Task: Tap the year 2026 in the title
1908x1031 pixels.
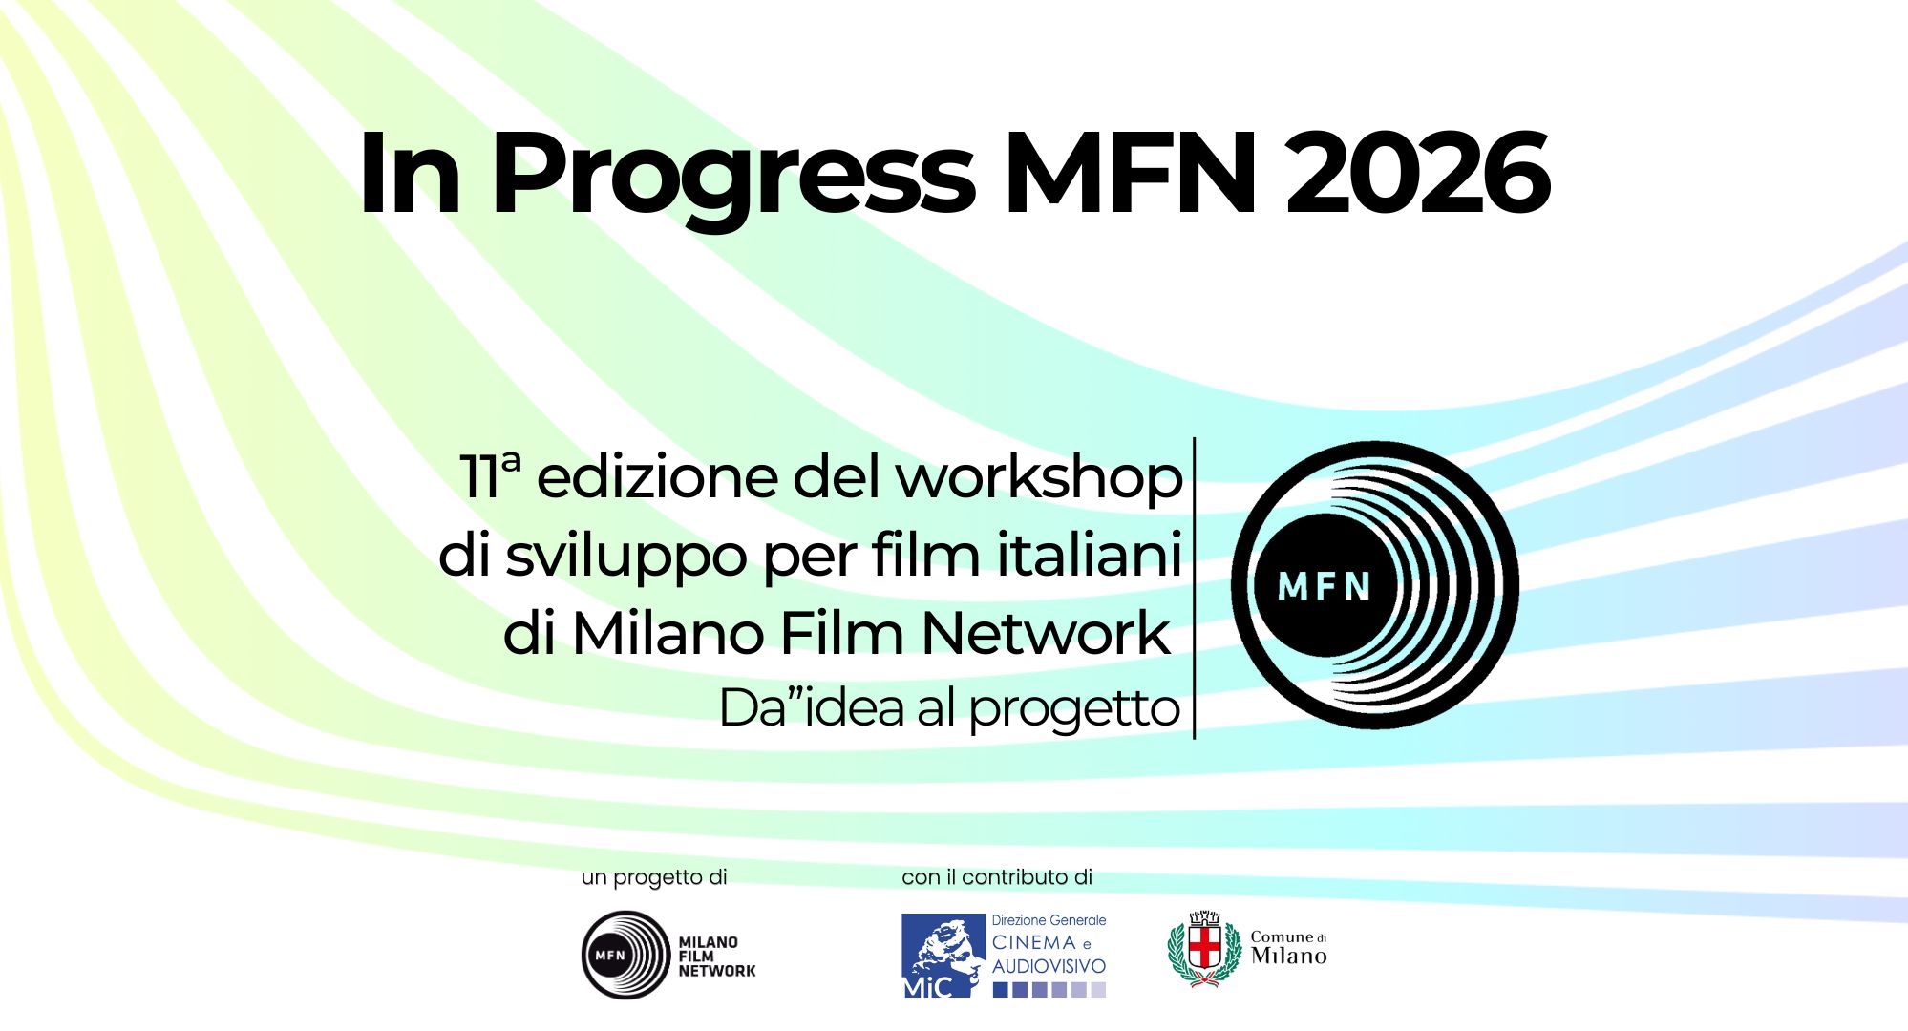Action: [1417, 173]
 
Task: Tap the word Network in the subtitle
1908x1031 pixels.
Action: [1046, 632]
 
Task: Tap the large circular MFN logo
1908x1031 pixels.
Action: [1374, 585]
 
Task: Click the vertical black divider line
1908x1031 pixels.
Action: [1195, 588]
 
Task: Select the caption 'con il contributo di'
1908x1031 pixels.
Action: [997, 877]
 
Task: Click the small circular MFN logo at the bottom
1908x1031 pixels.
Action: [625, 955]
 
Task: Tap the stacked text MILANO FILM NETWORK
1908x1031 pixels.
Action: [716, 957]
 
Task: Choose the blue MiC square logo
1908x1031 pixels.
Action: [943, 956]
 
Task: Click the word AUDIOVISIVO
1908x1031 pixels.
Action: [1049, 967]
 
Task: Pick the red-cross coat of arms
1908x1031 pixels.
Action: [1203, 949]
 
